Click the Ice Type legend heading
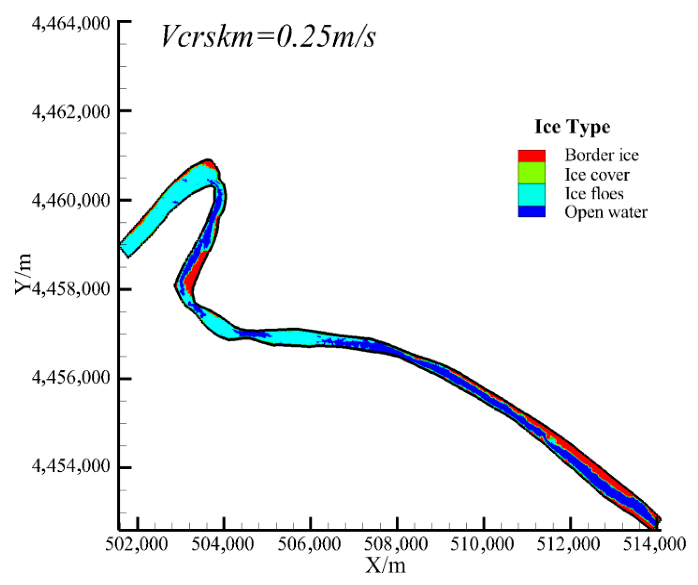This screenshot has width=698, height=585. coord(572,127)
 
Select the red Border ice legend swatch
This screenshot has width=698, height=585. coord(531,156)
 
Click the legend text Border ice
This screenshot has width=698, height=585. coord(602,155)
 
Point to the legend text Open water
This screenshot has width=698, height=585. coord(606,212)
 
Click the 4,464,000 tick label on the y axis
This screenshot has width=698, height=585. coord(71,23)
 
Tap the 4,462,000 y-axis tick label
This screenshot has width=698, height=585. coord(71,111)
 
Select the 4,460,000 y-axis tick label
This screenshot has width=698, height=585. coord(71,200)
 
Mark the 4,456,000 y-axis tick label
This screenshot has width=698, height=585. coord(71,378)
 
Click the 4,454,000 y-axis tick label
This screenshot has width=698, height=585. coord(71,467)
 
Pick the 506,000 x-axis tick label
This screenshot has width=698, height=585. coord(309,544)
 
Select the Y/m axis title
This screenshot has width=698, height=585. coord(23,274)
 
